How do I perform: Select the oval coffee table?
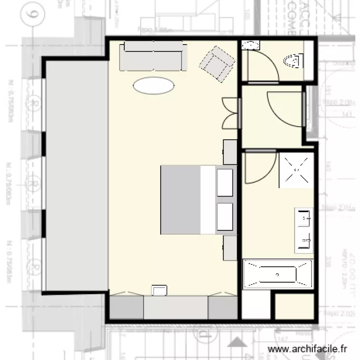pyautogui.click(x=154, y=86)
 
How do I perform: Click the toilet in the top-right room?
pyautogui.click(x=293, y=61)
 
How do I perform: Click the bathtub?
pyautogui.click(x=278, y=275)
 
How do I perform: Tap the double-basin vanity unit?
pyautogui.click(x=304, y=230)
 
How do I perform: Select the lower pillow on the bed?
pyautogui.click(x=225, y=216)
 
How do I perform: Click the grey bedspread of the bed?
pyautogui.click(x=180, y=200)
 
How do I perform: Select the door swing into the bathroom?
pyautogui.click(x=260, y=168)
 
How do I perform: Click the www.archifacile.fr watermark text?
pyautogui.click(x=307, y=349)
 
